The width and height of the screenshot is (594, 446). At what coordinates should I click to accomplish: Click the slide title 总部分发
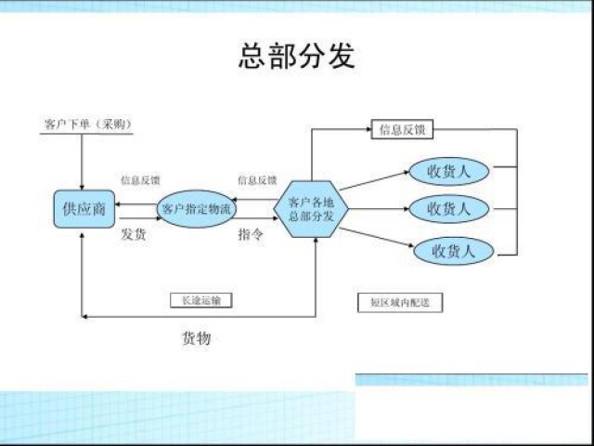pos(297,57)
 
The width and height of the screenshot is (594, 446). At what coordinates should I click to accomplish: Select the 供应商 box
pos(84,208)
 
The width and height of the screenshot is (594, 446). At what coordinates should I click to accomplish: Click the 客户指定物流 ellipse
pos(197,208)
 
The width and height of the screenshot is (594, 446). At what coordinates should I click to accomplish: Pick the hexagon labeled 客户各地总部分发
pos(316,208)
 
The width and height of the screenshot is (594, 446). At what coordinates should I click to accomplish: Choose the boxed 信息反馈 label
pos(403,129)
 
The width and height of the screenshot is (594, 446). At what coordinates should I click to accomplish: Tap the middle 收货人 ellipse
pos(448,208)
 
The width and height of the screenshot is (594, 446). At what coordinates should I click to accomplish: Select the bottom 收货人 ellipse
pos(451,250)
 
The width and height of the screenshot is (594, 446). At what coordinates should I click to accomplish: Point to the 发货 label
pos(135,234)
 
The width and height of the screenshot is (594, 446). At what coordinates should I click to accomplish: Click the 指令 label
pos(251,234)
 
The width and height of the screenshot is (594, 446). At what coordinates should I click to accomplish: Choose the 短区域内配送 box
pos(400,302)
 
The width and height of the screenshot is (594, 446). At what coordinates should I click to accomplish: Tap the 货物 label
pos(196,338)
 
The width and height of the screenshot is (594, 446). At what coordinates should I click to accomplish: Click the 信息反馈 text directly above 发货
pos(140,179)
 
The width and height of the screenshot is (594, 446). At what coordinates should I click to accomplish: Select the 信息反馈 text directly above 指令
pos(257,179)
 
